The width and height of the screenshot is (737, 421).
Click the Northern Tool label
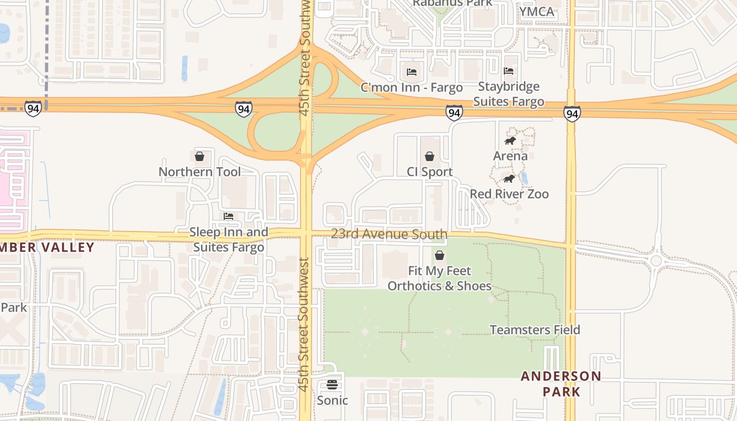pos(200,172)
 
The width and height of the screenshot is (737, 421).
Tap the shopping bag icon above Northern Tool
pos(200,156)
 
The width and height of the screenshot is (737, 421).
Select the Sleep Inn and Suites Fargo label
pos(228,239)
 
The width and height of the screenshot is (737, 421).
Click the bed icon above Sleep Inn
pos(228,216)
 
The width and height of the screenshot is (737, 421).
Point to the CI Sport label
pos(430,172)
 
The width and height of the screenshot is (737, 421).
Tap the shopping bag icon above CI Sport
pos(430,156)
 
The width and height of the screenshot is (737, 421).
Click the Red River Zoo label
pos(509,194)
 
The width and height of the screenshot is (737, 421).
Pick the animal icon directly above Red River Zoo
pos(509,179)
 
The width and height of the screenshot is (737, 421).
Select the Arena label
pos(510,156)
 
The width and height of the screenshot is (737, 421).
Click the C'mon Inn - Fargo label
pos(412,87)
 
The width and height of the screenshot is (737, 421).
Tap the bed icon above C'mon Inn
pos(412,72)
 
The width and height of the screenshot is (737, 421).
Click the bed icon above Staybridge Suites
pos(509,71)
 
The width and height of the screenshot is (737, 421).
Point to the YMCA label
pos(537,12)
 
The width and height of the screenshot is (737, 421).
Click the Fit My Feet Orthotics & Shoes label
pos(440,278)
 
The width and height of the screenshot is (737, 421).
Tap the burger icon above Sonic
pos(332,385)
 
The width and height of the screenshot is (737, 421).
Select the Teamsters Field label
pos(535,330)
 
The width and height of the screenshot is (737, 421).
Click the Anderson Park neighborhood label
pos(561,384)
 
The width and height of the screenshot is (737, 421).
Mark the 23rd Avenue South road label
pos(389,234)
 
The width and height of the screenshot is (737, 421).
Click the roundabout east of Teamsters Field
pos(656,260)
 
